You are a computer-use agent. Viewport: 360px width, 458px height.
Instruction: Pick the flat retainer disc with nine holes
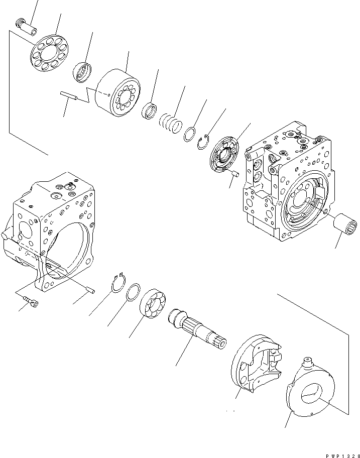pyautogui.click(x=51, y=54)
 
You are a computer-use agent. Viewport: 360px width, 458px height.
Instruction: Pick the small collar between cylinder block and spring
pyautogui.click(x=149, y=111)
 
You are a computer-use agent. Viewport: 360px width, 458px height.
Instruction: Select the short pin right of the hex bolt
pyautogui.click(x=89, y=290)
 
